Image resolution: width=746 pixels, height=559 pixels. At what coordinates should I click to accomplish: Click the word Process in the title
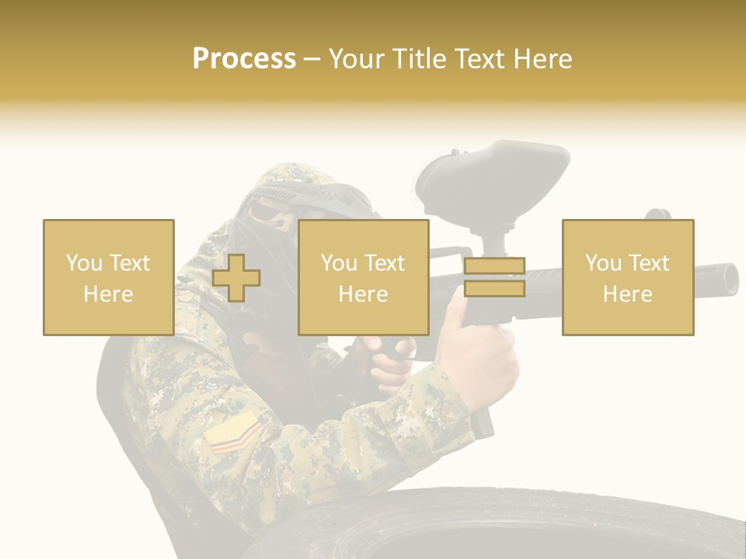tap(244, 59)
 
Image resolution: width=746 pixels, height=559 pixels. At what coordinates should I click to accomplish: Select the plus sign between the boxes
tap(236, 278)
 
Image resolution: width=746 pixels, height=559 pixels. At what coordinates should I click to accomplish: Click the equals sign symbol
tap(494, 278)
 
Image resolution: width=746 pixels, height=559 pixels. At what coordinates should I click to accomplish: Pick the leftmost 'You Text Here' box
tap(108, 277)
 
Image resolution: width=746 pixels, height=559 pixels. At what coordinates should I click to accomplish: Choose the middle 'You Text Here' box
tap(363, 277)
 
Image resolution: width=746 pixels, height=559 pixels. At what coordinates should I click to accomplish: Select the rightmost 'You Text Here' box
tap(627, 277)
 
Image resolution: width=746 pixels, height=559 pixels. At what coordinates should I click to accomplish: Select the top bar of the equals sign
tap(494, 266)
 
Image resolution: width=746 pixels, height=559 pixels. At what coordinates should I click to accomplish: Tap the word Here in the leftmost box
tap(108, 294)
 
